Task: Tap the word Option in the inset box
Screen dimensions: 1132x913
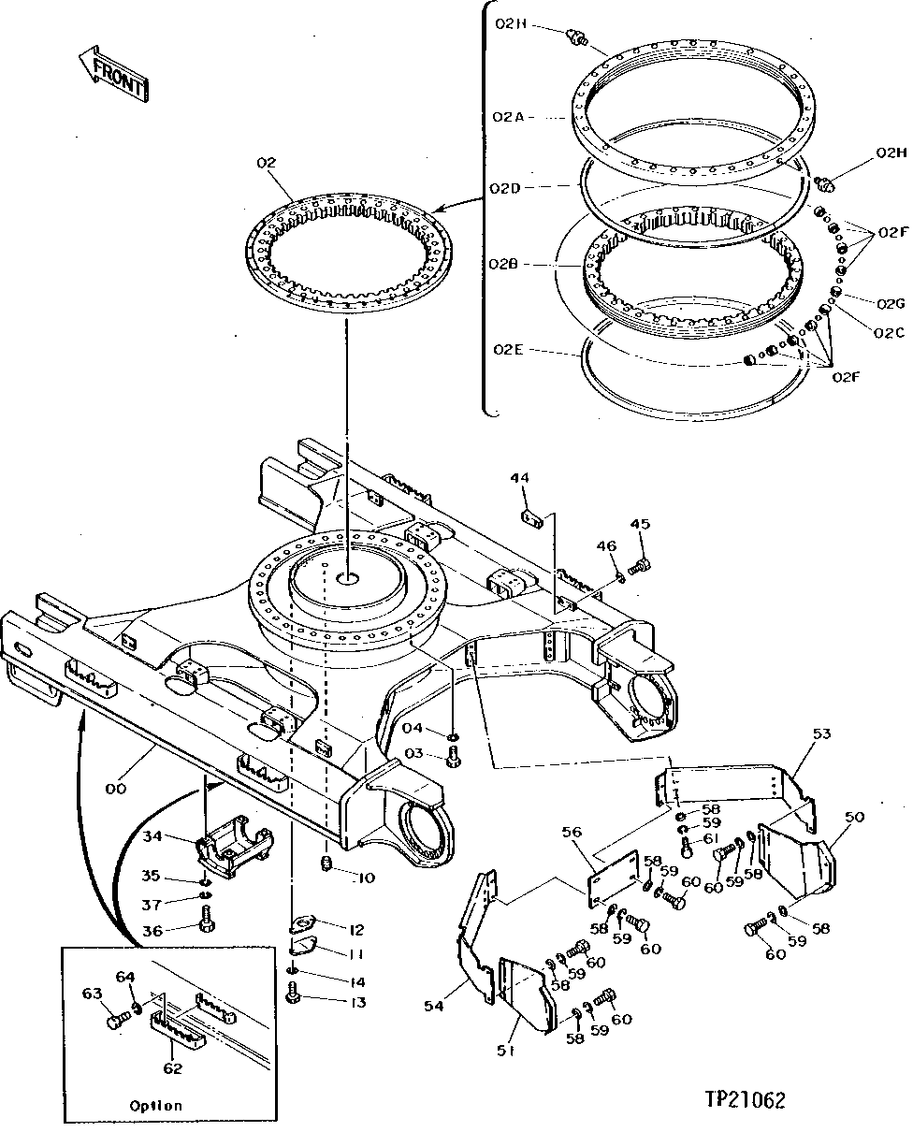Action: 155,1105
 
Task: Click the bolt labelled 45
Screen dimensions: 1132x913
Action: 641,566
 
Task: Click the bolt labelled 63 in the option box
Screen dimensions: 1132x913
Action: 115,1022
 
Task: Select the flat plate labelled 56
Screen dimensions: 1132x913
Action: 614,880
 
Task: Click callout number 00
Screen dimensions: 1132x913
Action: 115,789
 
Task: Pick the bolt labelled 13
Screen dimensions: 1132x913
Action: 294,999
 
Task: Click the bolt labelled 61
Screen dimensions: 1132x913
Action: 688,849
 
